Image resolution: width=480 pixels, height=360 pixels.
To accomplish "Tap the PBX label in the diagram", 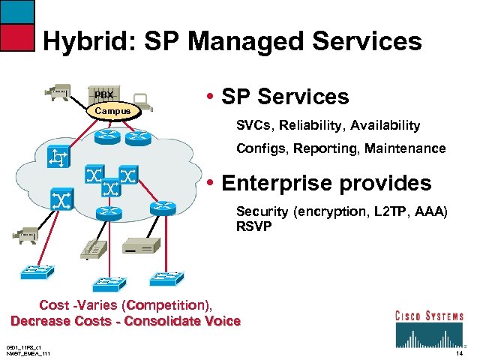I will [103, 95].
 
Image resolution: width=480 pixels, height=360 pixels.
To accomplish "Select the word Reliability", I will [310, 125].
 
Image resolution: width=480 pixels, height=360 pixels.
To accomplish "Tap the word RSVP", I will [253, 226].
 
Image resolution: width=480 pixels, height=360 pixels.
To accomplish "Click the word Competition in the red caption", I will [169, 305].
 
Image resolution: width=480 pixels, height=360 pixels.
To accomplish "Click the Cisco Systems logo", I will [428, 324].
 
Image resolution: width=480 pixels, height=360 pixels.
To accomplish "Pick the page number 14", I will [459, 352].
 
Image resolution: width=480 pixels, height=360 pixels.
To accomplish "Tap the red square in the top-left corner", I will [17, 37].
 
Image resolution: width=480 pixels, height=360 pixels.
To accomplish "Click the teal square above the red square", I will [17, 11].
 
